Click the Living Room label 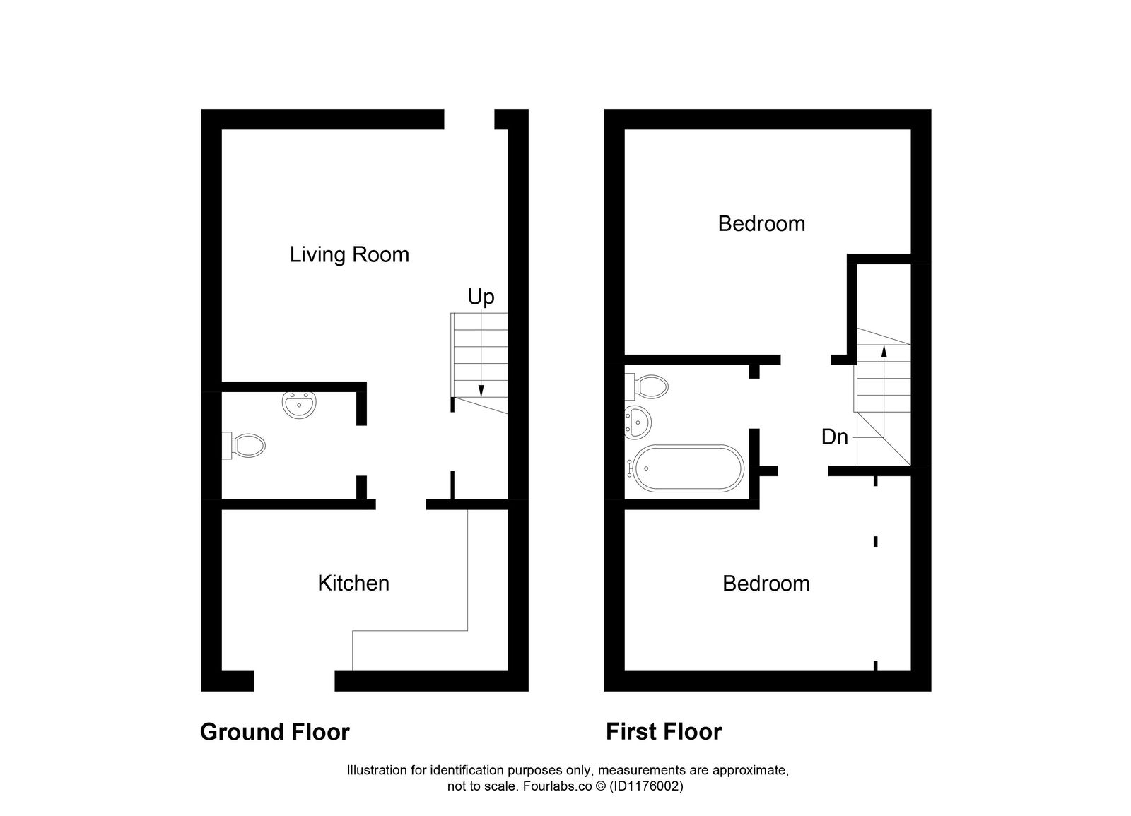[x=349, y=254]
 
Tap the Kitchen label [x=353, y=583]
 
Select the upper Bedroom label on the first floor [x=761, y=224]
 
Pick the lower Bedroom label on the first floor [x=766, y=584]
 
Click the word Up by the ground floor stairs [x=481, y=297]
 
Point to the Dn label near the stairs [x=834, y=437]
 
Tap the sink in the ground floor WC [x=299, y=404]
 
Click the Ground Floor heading [x=274, y=732]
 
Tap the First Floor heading [x=663, y=732]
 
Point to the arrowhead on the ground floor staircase [x=481, y=391]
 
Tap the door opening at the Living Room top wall [x=469, y=119]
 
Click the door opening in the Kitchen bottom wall [x=294, y=680]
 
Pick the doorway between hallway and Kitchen [x=400, y=504]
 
